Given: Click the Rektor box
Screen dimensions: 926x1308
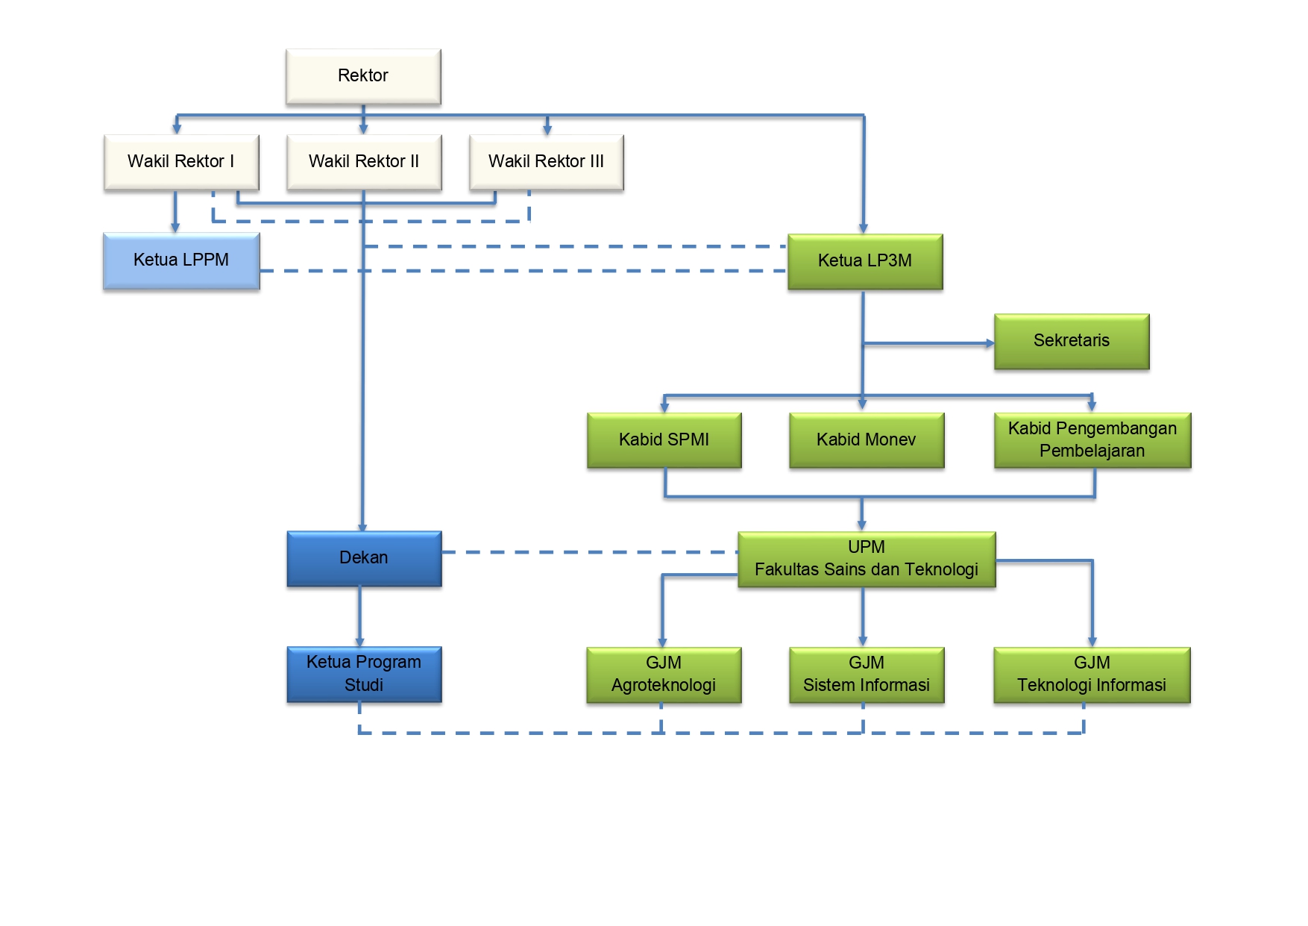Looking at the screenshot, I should (363, 76).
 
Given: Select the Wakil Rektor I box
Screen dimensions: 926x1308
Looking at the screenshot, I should (181, 162).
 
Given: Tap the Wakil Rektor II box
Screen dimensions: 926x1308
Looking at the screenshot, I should (364, 162).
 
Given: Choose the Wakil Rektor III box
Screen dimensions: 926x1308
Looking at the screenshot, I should (546, 162).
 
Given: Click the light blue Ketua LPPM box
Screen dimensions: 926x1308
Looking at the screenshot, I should (181, 260).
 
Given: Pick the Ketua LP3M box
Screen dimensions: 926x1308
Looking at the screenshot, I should (865, 261).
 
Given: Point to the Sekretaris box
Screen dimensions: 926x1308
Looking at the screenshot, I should (1072, 341).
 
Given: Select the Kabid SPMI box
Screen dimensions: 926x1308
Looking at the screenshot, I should (664, 440).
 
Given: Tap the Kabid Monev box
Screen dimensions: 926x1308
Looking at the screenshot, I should (867, 440).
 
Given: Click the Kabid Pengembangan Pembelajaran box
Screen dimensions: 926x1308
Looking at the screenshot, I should (1092, 440).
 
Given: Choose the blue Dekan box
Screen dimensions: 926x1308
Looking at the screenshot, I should (364, 558).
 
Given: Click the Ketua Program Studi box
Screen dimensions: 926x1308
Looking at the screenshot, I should (364, 674).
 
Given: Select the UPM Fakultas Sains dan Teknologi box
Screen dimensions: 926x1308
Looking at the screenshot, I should (867, 559).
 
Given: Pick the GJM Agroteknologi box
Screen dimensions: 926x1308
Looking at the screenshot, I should (664, 675).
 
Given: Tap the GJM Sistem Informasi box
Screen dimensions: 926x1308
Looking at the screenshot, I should (867, 675).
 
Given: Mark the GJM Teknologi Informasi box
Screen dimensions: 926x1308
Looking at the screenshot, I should (1092, 675).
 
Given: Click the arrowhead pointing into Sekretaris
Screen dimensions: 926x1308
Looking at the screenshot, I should (990, 343).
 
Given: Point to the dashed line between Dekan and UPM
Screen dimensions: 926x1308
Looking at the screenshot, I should (589, 552).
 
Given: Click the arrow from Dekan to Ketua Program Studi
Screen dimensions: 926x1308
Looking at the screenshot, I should (359, 616).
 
